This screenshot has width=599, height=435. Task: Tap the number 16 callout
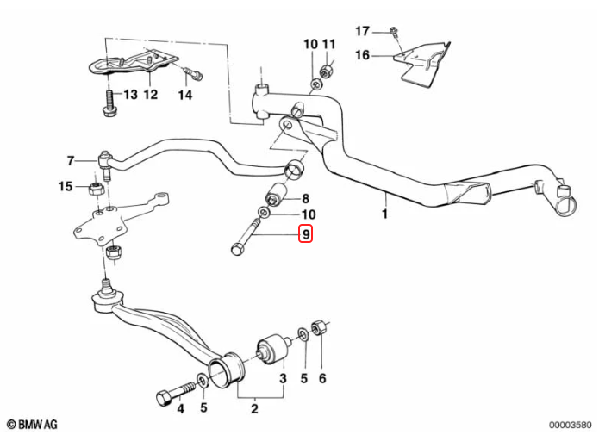(362, 55)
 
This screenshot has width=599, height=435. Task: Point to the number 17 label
(362, 31)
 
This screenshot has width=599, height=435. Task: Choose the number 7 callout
(71, 159)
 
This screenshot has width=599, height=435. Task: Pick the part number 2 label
(254, 409)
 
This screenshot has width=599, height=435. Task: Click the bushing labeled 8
(280, 192)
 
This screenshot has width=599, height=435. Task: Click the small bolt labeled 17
(393, 33)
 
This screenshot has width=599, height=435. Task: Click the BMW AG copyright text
(34, 424)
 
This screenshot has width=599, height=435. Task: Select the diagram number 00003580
(568, 424)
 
